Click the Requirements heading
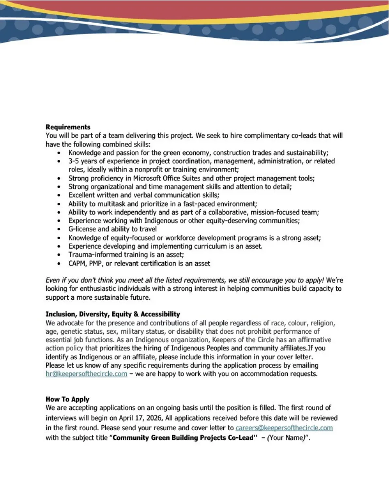click(x=68, y=127)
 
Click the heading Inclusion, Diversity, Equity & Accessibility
click(x=113, y=314)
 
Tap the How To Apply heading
click(x=67, y=399)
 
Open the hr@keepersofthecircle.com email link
click(x=86, y=374)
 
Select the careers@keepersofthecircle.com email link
click(x=284, y=428)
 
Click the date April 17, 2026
click(x=140, y=418)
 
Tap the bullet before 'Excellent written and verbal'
click(x=59, y=195)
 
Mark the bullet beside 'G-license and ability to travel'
click(x=59, y=229)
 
